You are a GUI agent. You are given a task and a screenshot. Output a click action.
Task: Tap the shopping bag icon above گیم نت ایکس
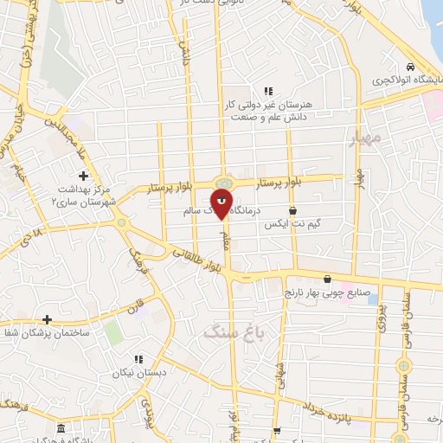point(292,210)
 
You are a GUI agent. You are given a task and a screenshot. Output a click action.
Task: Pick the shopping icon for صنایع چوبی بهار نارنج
point(327,279)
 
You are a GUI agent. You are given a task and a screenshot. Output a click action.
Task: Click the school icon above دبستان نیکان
point(137,360)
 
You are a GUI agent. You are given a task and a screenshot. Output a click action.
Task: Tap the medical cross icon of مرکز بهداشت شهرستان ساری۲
point(82,176)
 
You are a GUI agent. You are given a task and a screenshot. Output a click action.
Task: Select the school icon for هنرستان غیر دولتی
point(268,90)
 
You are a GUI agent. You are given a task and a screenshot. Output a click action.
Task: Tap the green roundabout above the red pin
point(223,183)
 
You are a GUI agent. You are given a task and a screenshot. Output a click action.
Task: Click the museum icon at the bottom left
point(60,429)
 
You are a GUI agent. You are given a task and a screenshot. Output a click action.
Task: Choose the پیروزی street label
point(383,321)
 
